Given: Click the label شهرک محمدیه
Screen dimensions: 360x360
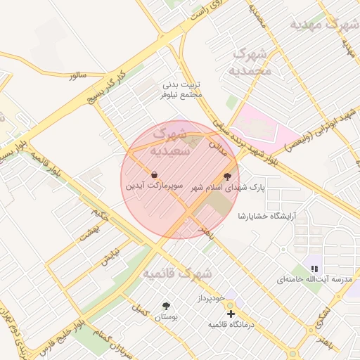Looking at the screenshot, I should (x=250, y=63).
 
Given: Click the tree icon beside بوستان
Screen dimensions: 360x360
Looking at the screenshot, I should (x=166, y=306).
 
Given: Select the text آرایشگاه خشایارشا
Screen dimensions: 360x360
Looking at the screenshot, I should (x=266, y=215).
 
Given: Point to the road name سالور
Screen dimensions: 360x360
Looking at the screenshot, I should (x=77, y=75).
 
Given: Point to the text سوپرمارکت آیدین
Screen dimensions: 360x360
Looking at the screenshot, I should (x=155, y=187).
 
